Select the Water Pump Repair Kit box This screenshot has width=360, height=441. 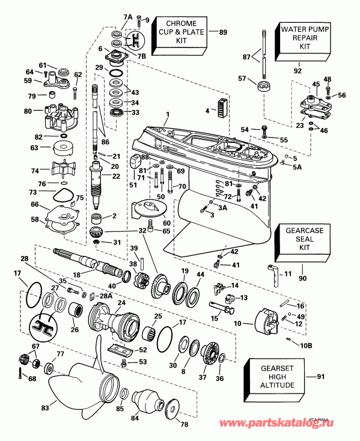pyautogui.click(x=299, y=37)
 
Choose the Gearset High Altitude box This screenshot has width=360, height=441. pyautogui.click(x=273, y=377)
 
